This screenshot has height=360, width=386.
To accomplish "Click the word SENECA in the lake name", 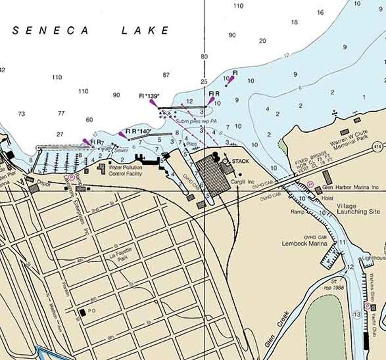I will pyautogui.click(x=50, y=31).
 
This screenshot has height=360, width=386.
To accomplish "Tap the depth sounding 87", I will pyautogui.click(x=166, y=75).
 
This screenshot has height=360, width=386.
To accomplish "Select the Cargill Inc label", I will pyautogui.click(x=244, y=182).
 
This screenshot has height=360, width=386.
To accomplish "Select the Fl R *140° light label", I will pyautogui.click(x=139, y=131).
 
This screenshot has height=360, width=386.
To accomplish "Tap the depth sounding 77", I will pyautogui.click(x=61, y=113).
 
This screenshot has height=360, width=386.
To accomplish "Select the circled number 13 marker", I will pyautogui.click(x=357, y=315).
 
